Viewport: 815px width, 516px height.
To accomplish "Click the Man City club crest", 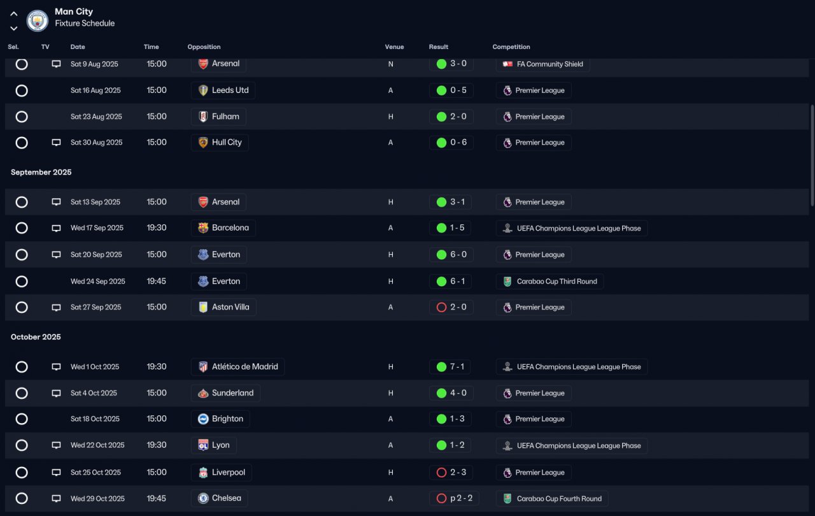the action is click(x=37, y=20).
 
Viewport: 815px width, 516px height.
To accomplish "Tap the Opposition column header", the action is click(x=204, y=47).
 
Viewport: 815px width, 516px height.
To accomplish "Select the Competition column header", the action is click(x=511, y=47).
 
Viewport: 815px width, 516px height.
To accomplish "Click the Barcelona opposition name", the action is click(x=230, y=228).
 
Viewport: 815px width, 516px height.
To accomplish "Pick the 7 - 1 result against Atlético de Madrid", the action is click(x=457, y=366).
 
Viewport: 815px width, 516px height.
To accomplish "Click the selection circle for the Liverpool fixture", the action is click(x=22, y=472).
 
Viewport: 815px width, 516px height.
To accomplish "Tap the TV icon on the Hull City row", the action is click(x=56, y=142).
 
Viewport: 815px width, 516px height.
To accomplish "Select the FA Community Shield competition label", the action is click(x=549, y=64).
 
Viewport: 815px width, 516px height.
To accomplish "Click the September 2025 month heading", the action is click(x=41, y=172).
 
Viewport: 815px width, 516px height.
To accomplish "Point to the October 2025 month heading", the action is click(x=36, y=337).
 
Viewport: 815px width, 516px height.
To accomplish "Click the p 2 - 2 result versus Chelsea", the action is click(x=461, y=498).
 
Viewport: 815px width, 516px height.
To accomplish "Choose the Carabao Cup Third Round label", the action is click(x=556, y=282).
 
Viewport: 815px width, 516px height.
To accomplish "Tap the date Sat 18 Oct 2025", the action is click(x=95, y=419).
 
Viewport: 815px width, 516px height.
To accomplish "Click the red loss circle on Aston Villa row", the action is click(x=441, y=308).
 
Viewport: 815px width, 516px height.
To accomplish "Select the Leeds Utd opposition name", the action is click(x=230, y=90).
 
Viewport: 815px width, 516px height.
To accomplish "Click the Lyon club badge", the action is click(x=203, y=445).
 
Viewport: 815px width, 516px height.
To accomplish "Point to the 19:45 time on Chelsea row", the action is click(x=156, y=498).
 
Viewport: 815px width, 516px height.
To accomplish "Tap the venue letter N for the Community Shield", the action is click(x=390, y=64).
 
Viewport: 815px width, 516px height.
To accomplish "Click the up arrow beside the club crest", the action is click(x=14, y=14).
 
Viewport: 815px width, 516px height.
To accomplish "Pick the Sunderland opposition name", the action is click(x=233, y=393).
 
